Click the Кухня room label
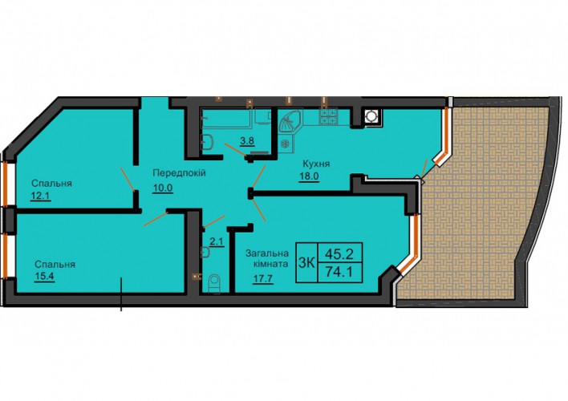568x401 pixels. (x=316, y=164)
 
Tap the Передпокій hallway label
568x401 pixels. (x=179, y=173)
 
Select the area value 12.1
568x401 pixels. (x=41, y=196)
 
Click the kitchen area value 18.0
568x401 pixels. (x=309, y=176)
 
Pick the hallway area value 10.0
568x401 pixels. (x=163, y=188)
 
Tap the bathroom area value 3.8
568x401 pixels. (x=247, y=140)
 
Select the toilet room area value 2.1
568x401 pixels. (x=217, y=242)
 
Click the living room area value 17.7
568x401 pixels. (x=262, y=279)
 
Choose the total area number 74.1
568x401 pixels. (x=339, y=271)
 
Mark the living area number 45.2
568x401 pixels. (x=339, y=254)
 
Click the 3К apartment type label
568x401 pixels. (x=306, y=262)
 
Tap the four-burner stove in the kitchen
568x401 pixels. (x=328, y=116)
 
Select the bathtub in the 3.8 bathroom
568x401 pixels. (x=226, y=118)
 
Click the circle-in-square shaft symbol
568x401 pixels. (x=371, y=116)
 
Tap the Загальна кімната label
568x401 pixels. (x=267, y=258)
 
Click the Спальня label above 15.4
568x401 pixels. (x=55, y=265)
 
